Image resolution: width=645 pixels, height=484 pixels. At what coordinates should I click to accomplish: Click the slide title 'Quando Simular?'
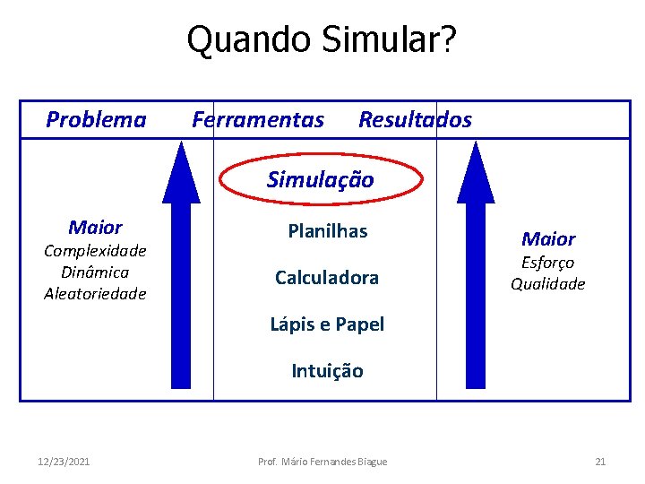322,40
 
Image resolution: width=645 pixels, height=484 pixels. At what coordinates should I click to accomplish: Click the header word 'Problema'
96,120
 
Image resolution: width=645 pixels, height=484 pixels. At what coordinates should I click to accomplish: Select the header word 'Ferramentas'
258,120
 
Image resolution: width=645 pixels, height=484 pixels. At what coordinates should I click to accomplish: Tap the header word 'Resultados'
415,120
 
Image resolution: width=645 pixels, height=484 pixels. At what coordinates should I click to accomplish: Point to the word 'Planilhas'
327,231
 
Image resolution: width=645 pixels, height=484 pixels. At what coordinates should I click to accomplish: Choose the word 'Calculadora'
326,278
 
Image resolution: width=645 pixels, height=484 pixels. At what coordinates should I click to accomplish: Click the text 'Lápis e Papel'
327,324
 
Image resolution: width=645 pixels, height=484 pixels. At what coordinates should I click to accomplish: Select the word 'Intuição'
327,371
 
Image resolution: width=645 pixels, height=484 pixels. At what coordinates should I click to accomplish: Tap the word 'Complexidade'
95,251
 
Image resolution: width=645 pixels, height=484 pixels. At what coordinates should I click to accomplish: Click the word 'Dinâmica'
95,272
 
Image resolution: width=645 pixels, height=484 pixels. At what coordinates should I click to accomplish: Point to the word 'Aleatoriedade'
95,294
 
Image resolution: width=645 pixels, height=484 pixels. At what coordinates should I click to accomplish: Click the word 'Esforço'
548,263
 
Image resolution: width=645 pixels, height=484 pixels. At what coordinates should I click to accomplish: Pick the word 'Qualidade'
548,284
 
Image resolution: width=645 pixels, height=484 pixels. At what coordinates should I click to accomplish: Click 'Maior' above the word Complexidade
95,228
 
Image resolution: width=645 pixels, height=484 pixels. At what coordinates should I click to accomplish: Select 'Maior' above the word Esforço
548,239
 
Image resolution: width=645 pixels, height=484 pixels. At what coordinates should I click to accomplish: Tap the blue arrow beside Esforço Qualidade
476,269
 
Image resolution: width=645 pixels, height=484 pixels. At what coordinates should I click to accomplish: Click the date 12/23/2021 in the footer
64,462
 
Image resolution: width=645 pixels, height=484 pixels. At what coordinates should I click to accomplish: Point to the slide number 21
600,462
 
